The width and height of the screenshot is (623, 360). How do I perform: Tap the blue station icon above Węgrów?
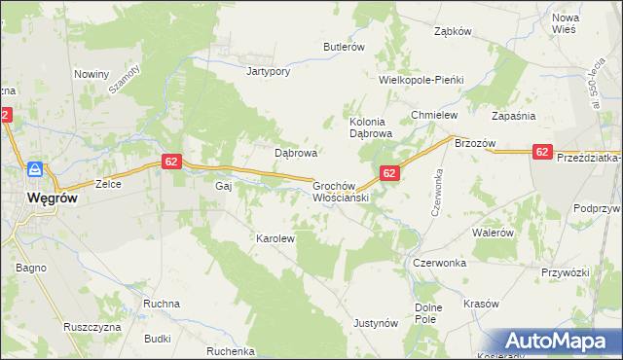[34, 169]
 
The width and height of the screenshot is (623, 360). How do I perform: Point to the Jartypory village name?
[269, 71]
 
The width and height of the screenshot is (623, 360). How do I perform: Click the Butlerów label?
[344, 47]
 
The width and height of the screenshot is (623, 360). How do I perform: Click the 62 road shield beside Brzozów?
[542, 152]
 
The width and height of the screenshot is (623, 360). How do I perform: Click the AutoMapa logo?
[559, 342]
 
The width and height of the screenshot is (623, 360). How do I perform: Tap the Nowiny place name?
[92, 74]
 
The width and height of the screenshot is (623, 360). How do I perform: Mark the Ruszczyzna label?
[91, 327]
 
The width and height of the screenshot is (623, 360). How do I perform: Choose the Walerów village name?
[493, 234]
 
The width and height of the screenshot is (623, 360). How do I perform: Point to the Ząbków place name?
[453, 31]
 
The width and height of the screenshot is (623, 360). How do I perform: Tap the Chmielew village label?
[434, 115]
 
